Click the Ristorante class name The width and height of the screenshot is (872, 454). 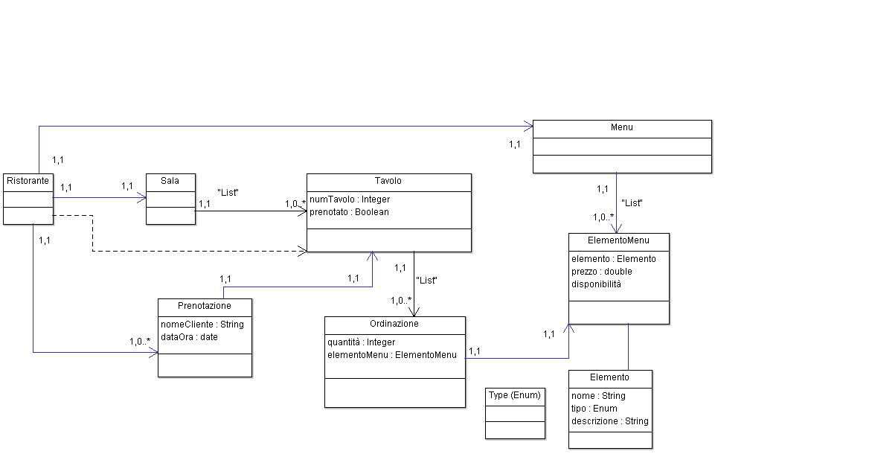28,181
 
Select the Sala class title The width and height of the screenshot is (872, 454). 170,181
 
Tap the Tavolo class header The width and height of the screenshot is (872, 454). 388,182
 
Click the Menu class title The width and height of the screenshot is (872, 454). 622,128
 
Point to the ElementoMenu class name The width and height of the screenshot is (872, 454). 618,241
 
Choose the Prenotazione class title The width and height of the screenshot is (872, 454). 205,306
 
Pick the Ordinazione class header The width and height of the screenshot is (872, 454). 394,324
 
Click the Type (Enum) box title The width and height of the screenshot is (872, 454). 515,395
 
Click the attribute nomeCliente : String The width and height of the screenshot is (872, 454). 202,324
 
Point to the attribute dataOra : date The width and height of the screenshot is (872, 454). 189,337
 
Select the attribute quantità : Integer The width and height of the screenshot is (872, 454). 362,342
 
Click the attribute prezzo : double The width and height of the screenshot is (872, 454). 601,272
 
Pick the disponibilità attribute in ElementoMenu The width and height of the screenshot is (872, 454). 596,284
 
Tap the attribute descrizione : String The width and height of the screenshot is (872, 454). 610,421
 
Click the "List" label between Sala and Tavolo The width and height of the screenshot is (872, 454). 228,193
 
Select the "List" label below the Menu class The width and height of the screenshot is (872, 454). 632,203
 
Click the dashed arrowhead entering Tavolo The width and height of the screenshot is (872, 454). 303,252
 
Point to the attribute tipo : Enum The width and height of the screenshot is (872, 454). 594,409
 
